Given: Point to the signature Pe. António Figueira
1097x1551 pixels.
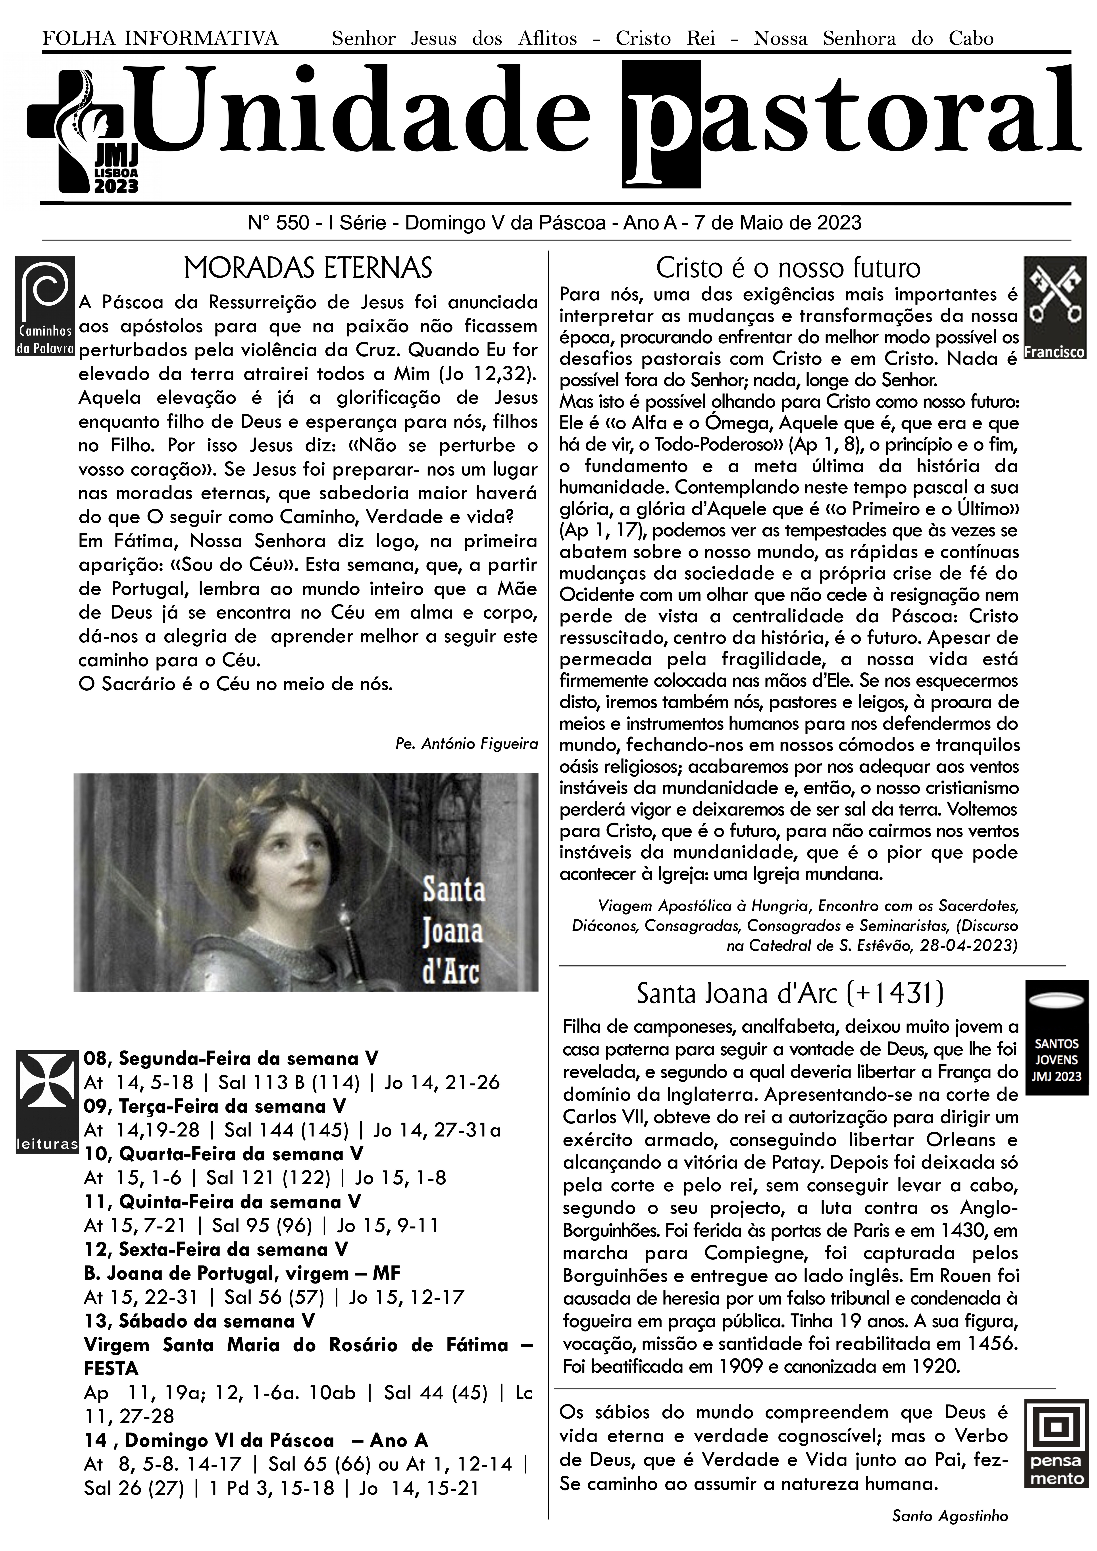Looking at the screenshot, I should point(466,744).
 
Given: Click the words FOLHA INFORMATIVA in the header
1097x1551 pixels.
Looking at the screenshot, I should point(160,38).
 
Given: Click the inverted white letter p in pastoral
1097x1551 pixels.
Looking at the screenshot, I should point(661,125).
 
